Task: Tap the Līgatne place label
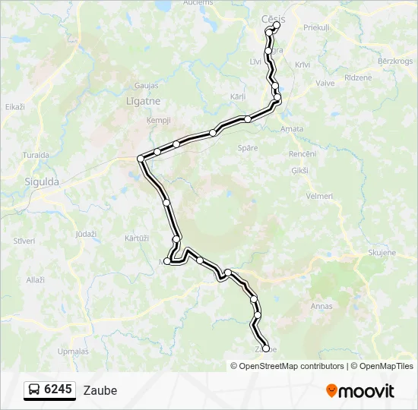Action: point(140,101)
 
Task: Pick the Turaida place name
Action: point(36,155)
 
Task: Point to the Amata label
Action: point(292,129)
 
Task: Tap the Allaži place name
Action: point(35,280)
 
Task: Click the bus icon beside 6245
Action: point(35,390)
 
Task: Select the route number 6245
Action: point(59,390)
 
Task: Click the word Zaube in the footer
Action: point(100,391)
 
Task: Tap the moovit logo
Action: point(360,391)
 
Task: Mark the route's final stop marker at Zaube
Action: point(265,348)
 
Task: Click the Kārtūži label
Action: point(136,238)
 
